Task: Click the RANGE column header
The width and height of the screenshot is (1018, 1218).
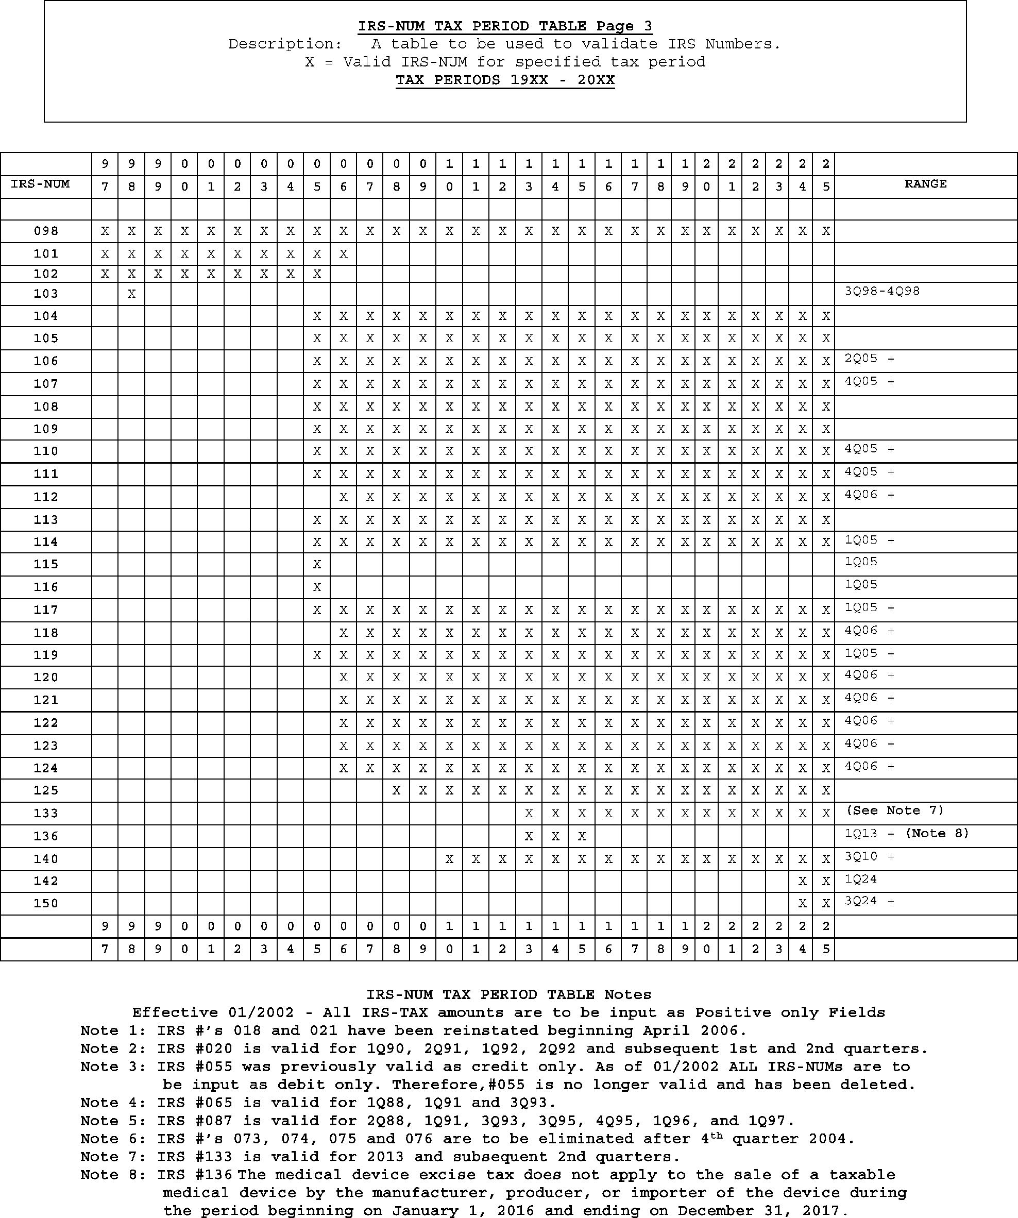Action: [925, 184]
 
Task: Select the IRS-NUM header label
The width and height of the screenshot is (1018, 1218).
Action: [40, 184]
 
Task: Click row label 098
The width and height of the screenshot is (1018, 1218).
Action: [46, 231]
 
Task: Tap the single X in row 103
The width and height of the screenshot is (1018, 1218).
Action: [132, 294]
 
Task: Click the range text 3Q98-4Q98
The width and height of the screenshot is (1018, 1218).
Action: [881, 291]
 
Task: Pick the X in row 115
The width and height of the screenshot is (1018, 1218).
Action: [317, 564]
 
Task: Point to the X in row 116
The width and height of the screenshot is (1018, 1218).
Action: [317, 587]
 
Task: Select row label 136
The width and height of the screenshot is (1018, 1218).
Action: [46, 836]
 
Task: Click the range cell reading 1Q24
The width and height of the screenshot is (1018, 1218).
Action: [861, 878]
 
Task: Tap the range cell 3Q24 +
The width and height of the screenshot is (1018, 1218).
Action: [869, 901]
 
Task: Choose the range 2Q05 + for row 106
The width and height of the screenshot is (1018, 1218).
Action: [869, 359]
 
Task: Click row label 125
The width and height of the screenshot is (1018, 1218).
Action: [46, 790]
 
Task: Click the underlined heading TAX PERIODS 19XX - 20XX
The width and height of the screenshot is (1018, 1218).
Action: [505, 80]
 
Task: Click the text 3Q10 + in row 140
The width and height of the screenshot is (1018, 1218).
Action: [869, 856]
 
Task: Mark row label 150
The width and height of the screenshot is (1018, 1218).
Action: [46, 903]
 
